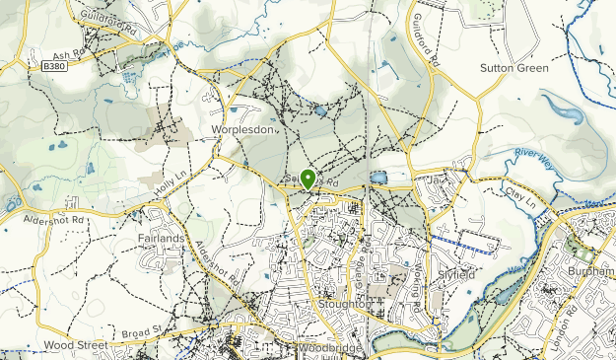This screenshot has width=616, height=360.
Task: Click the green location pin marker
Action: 308,180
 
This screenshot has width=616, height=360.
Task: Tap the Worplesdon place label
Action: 240,129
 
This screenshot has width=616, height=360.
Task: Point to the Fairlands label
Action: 162,238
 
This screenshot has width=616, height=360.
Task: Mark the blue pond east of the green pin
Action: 379,178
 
